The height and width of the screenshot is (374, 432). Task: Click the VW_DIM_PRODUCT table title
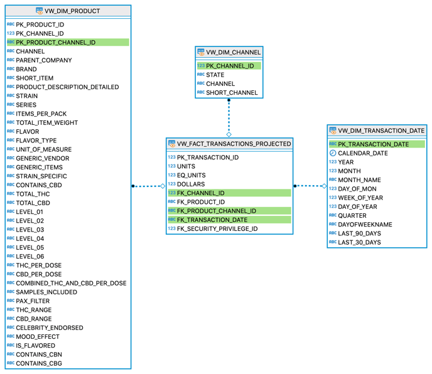coord(72,11)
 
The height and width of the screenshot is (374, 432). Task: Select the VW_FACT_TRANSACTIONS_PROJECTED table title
coord(234,144)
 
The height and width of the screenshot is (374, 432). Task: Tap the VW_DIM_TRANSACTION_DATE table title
coord(381,131)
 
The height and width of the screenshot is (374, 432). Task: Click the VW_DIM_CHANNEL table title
coord(233,52)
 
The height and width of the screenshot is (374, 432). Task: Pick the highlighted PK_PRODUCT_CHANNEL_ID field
coord(56,43)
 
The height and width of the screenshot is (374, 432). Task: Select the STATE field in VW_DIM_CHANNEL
coord(215,75)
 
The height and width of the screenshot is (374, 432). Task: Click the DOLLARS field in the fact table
coord(191,184)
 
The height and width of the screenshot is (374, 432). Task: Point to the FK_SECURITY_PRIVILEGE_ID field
coord(217,229)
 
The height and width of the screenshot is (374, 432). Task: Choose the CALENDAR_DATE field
coord(362,153)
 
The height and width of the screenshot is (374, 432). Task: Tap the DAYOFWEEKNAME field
coord(365,225)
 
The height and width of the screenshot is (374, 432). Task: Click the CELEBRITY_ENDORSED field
coord(50,328)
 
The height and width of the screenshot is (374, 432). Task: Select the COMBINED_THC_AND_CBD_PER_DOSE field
coord(71,283)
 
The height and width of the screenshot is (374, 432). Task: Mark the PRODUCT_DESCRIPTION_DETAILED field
coord(67,87)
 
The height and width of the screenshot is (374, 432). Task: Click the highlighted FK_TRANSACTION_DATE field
coord(212,220)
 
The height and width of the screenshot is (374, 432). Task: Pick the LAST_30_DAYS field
coord(359,242)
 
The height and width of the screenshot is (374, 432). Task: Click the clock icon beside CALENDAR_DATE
coord(333,153)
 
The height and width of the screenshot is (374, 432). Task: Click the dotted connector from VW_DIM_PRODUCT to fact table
coord(148,186)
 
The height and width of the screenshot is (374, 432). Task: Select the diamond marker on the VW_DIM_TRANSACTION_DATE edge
coord(324,186)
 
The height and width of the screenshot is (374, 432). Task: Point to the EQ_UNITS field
coord(191,176)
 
